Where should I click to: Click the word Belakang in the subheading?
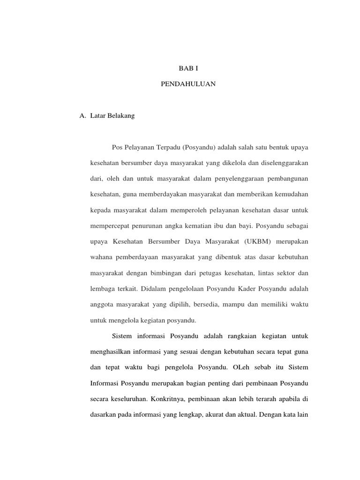(x=123, y=116)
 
